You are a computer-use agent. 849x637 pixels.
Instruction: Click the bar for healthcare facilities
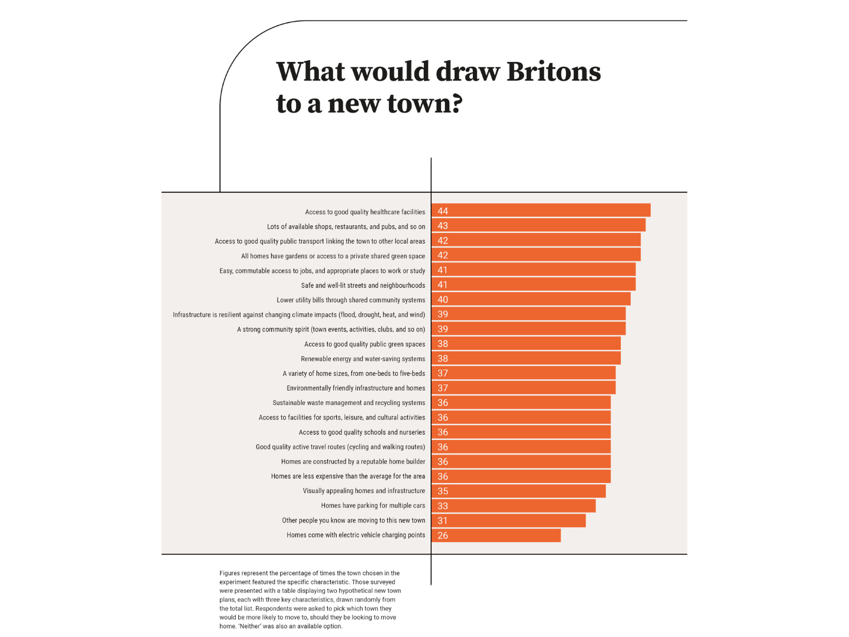[x=541, y=211]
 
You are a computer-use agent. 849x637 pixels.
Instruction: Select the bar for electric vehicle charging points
[x=496, y=535]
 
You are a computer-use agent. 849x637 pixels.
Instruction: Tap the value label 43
[x=443, y=226]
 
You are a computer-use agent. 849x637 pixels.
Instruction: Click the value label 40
[x=443, y=300]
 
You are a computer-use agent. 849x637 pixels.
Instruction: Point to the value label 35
[x=443, y=491]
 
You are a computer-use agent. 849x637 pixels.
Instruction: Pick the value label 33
[x=443, y=506]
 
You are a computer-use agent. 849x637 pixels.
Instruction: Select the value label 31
[x=443, y=521]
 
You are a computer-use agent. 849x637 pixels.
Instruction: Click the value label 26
[x=443, y=536]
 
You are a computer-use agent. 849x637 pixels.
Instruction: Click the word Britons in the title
[x=554, y=71]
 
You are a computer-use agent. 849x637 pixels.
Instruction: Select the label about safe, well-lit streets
[x=363, y=285]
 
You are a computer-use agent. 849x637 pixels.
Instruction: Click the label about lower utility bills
[x=351, y=300]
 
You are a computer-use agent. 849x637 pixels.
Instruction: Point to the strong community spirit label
[x=331, y=330]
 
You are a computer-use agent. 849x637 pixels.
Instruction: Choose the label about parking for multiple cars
[x=373, y=505]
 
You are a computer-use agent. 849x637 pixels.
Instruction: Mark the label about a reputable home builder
[x=353, y=462]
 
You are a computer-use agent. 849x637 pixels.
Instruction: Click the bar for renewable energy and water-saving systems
[x=526, y=358]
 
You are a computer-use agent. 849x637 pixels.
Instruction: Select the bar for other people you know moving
[x=508, y=520]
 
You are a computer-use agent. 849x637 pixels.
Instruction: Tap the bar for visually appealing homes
[x=518, y=491]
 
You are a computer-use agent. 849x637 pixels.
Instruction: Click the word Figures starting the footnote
[x=230, y=573]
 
